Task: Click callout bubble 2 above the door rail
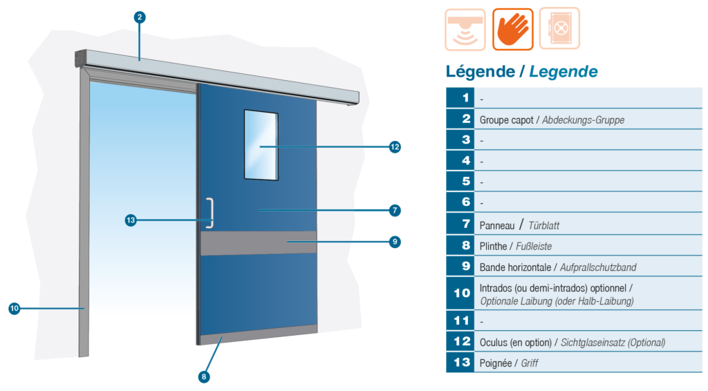pyautogui.click(x=140, y=17)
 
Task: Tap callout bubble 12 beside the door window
pyautogui.click(x=395, y=147)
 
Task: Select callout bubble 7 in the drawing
pyautogui.click(x=395, y=210)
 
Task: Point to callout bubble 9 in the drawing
pyautogui.click(x=395, y=242)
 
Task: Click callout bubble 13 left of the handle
pyautogui.click(x=131, y=220)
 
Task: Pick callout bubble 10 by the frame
pyautogui.click(x=15, y=309)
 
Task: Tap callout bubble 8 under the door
pyautogui.click(x=204, y=376)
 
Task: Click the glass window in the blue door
pyautogui.click(x=261, y=145)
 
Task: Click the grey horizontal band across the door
pyautogui.click(x=259, y=244)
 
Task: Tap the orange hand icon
pyautogui.click(x=512, y=29)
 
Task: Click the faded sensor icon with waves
pyautogui.click(x=465, y=29)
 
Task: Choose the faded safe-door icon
pyautogui.click(x=559, y=28)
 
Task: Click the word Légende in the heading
pyautogui.click(x=481, y=71)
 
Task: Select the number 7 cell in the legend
pyautogui.click(x=460, y=224)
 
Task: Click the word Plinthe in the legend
pyautogui.click(x=493, y=246)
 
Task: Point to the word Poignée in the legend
pyautogui.click(x=495, y=363)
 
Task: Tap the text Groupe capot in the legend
pyautogui.click(x=506, y=120)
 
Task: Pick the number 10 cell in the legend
pyautogui.click(x=460, y=293)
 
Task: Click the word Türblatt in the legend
pyautogui.click(x=543, y=225)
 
